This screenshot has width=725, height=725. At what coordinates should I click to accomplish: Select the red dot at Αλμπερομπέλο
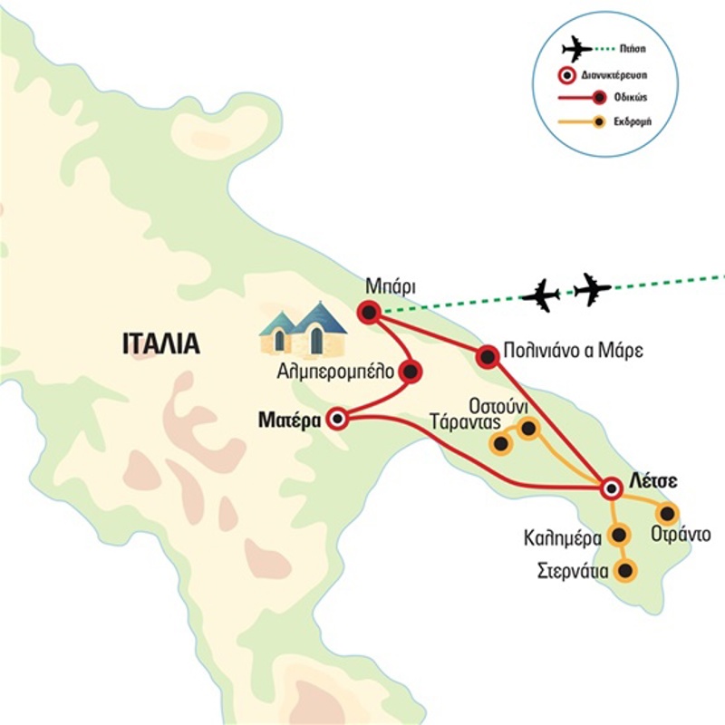[x=411, y=371]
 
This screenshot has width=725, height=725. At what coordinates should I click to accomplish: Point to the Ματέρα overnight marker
[x=339, y=419]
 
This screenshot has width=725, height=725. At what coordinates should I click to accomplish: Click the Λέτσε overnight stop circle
[x=612, y=489]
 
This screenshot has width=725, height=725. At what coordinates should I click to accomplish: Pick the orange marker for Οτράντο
[x=670, y=512]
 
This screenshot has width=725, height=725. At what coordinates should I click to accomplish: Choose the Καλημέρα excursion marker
[x=620, y=536]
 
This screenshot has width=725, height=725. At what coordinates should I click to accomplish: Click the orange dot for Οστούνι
[x=527, y=427]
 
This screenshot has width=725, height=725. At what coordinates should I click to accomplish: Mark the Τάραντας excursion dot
[x=499, y=444]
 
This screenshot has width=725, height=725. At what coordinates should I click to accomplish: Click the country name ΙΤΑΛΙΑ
[x=159, y=343]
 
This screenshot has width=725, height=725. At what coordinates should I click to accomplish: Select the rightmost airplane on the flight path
[x=594, y=289]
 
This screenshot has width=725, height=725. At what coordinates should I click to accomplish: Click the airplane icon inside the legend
[x=575, y=48]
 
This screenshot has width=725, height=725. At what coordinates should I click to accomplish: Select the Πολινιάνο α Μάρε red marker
[x=488, y=358]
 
